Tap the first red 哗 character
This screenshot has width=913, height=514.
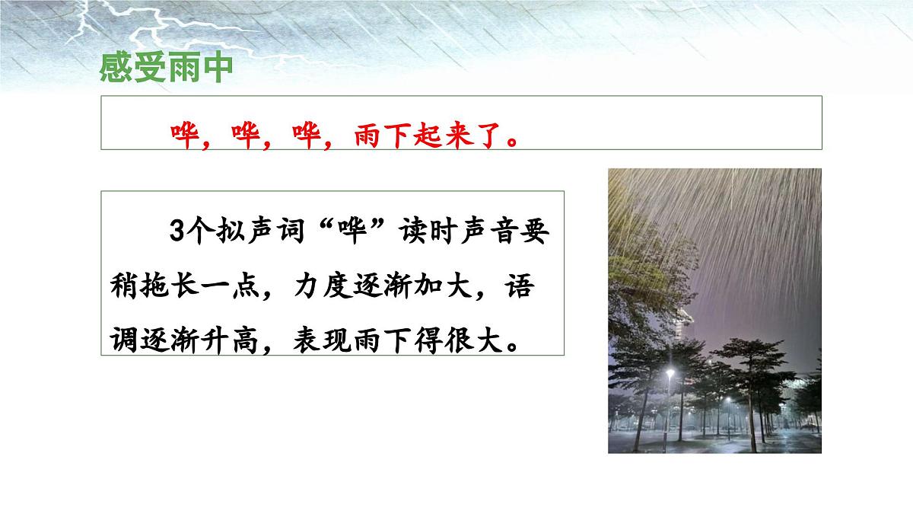coord(183,137)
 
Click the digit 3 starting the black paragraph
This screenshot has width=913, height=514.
coord(176,232)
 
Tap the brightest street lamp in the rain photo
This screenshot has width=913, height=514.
coord(670,373)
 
